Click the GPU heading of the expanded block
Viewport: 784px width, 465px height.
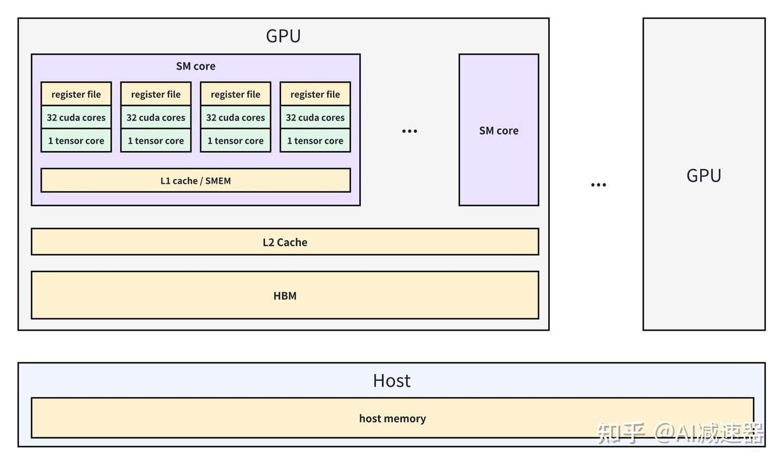coord(283,36)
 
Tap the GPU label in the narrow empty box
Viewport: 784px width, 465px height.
coord(703,176)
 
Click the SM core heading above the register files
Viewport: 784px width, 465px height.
coord(195,66)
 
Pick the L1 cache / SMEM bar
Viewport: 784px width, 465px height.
coord(195,181)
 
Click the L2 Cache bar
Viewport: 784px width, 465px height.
coord(285,242)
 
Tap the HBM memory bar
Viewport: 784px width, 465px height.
coord(285,295)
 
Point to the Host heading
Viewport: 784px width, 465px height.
coord(391,381)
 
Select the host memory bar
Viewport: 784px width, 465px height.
coord(392,418)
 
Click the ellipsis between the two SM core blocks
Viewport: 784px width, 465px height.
coord(409,131)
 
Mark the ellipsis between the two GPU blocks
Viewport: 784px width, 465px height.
coord(598,185)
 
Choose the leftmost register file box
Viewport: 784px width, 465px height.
coord(76,94)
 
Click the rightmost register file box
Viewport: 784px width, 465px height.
coord(315,94)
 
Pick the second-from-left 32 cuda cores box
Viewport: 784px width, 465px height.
coord(156,117)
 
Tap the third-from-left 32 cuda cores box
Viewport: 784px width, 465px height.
coord(236,117)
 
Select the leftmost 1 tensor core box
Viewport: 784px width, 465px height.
coord(76,141)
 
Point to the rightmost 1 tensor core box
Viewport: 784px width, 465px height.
coord(315,141)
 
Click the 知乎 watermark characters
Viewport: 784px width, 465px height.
coord(621,433)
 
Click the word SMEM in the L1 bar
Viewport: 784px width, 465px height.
coord(218,181)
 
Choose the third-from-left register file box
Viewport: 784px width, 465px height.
coord(236,94)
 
